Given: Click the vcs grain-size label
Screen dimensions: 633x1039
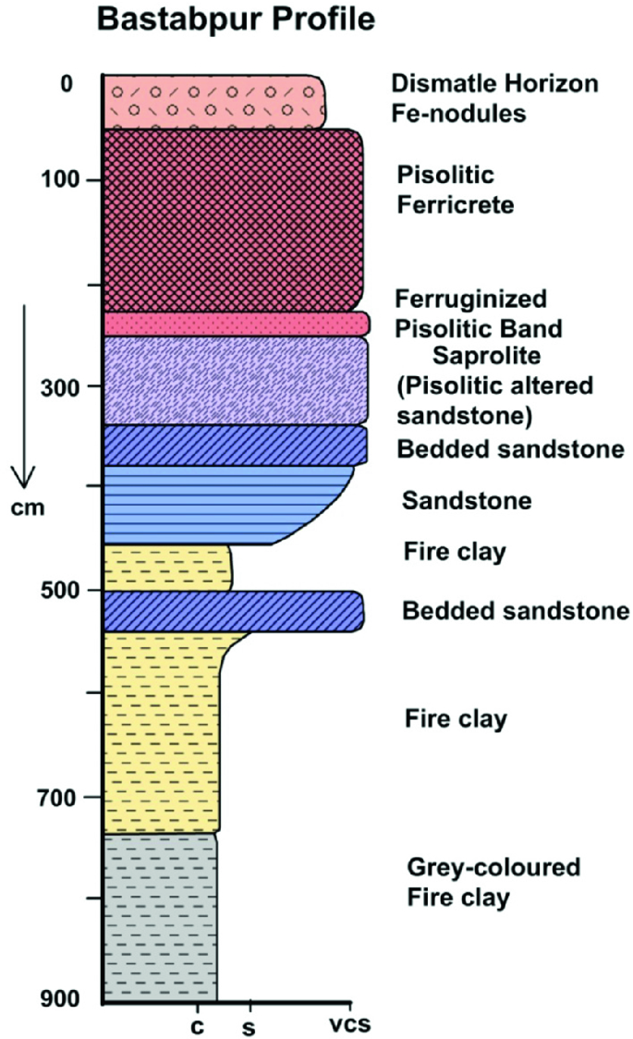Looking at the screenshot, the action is tap(350, 1023).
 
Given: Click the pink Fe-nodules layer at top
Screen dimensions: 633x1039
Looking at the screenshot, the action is tap(213, 103).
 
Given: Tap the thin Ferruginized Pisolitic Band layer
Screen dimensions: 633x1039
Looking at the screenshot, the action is tap(236, 324).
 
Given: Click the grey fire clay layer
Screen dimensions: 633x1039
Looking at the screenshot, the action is tap(160, 915).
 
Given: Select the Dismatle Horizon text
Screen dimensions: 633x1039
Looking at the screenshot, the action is tap(494, 84).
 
